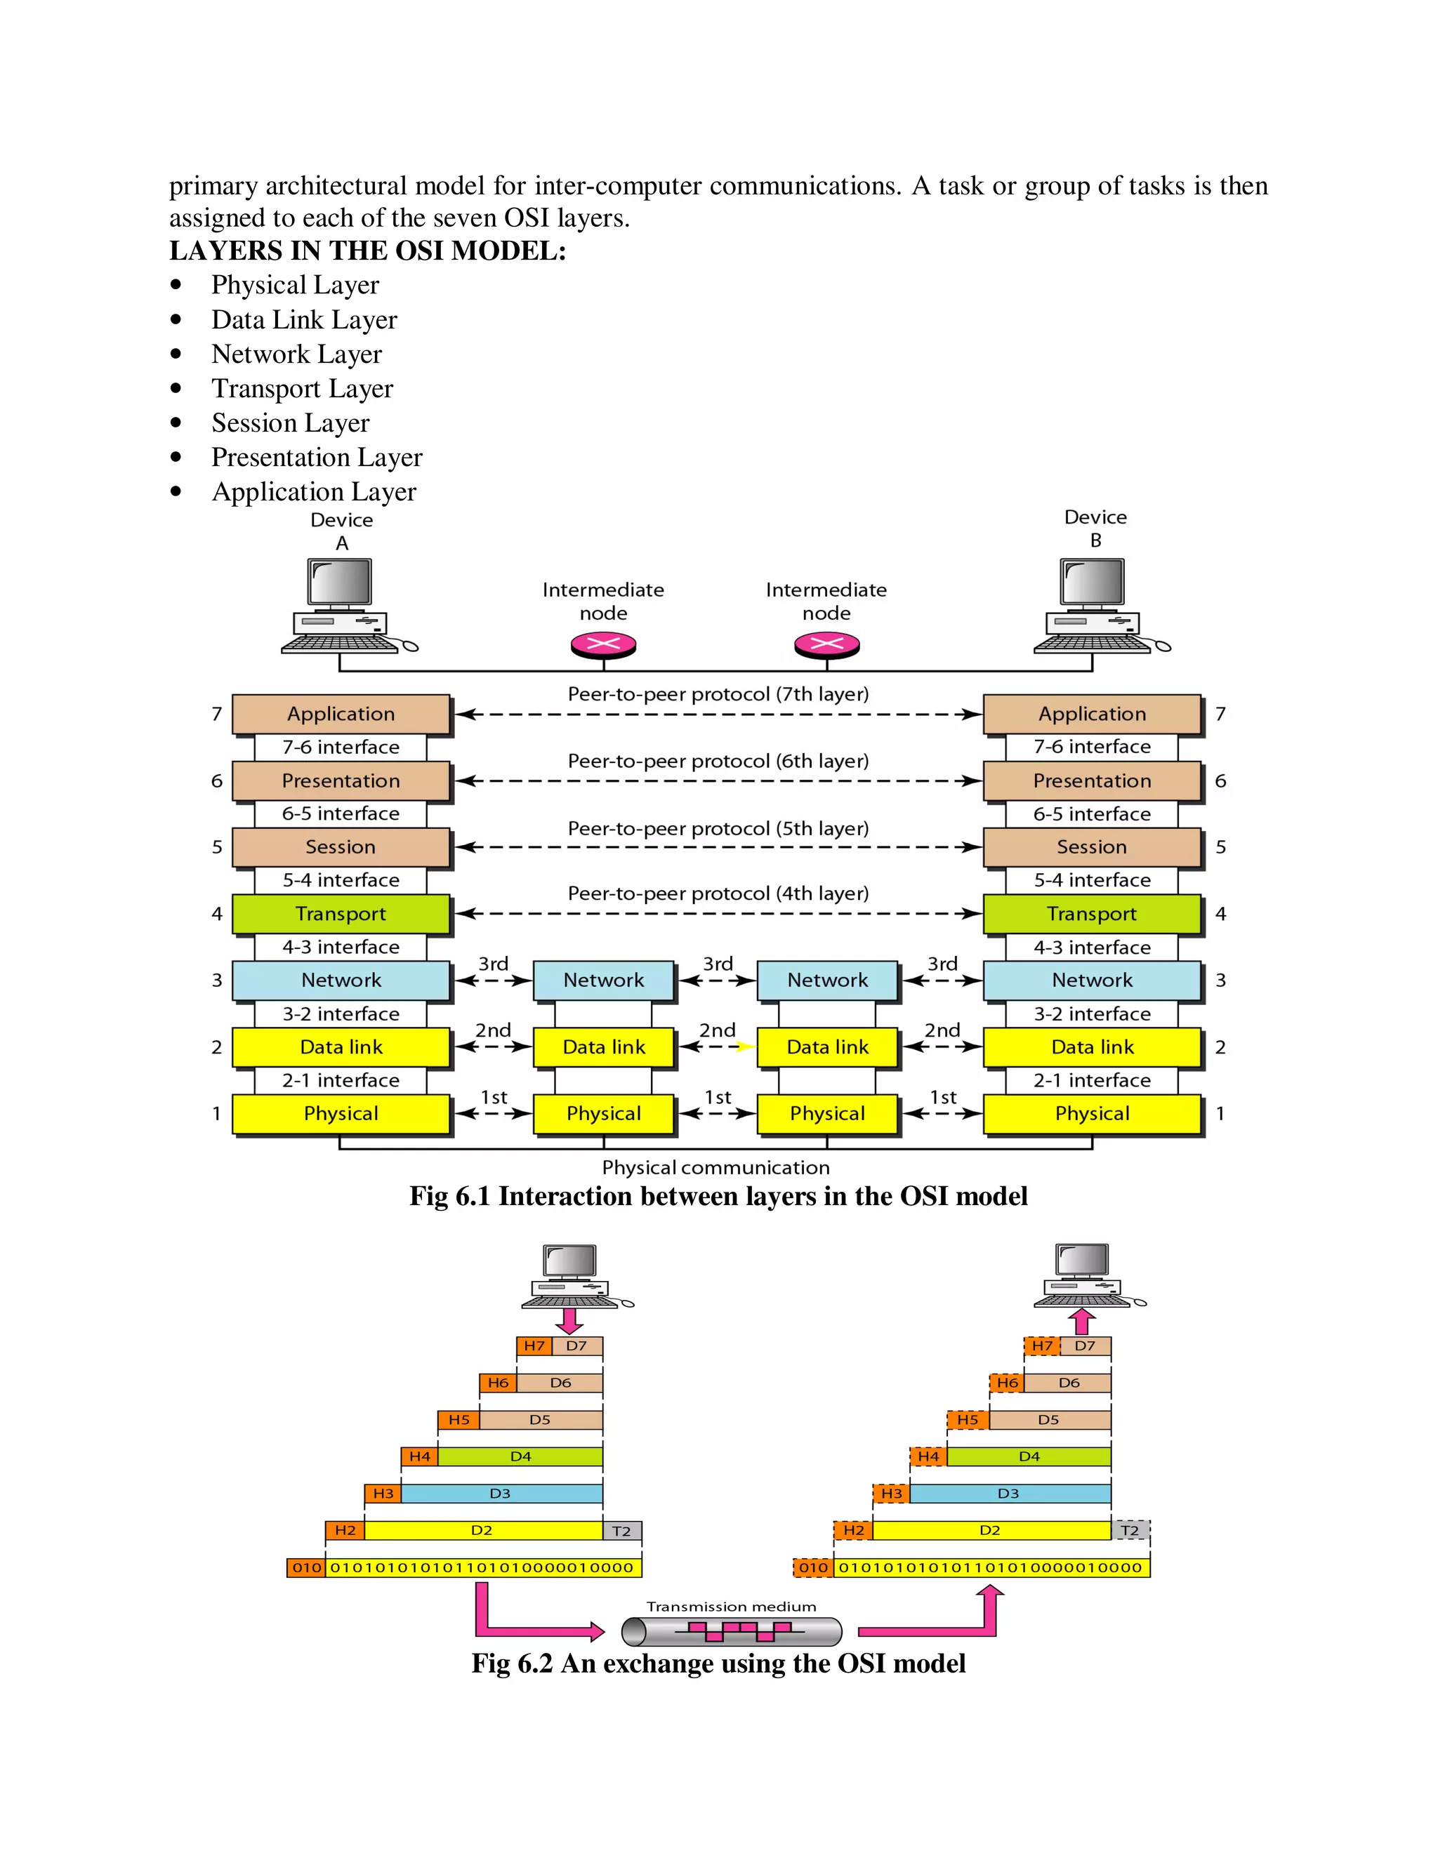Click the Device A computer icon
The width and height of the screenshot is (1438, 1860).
341,606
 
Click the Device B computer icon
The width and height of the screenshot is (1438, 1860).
1094,606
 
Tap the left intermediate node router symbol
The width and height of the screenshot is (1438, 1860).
603,645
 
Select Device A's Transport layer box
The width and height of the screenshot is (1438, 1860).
341,914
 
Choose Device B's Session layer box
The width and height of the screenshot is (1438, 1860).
1092,847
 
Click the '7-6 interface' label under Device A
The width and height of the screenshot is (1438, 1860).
341,747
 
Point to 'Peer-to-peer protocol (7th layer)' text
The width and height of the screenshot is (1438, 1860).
718,694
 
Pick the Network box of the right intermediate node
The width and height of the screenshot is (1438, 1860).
827,981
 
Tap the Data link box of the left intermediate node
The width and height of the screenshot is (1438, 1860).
604,1047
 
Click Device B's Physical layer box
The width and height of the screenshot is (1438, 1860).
1092,1113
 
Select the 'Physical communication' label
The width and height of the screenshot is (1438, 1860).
715,1168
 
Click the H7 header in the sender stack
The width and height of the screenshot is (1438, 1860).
534,1346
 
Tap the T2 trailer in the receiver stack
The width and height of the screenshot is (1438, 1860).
1130,1530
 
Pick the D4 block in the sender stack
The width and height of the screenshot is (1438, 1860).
520,1456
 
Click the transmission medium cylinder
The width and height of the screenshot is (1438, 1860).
732,1631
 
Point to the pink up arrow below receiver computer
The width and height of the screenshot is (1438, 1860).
1082,1321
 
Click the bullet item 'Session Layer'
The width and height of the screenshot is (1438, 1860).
291,423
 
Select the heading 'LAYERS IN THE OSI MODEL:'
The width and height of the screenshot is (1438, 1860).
367,251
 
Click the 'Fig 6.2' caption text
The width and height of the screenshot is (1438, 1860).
718,1663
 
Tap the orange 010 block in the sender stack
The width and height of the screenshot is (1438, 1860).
307,1567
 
